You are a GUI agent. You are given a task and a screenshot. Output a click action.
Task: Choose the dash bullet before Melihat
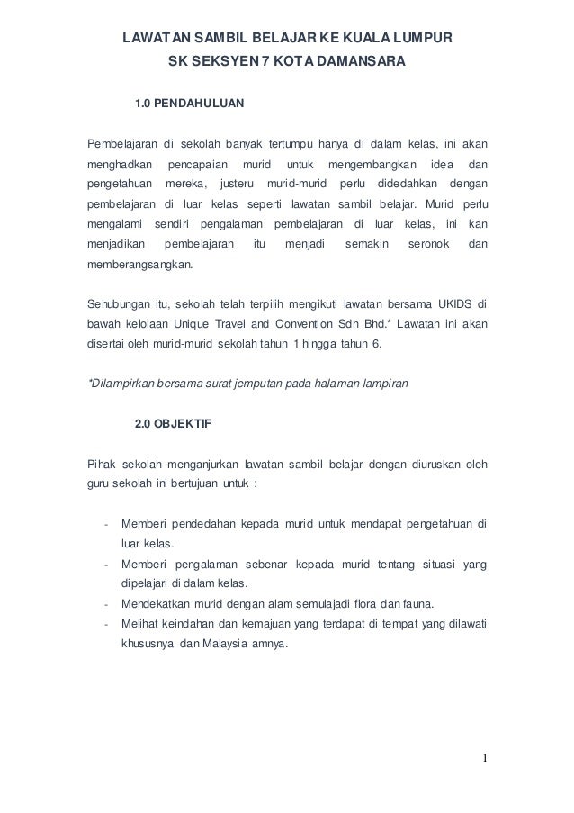pyautogui.click(x=106, y=624)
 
